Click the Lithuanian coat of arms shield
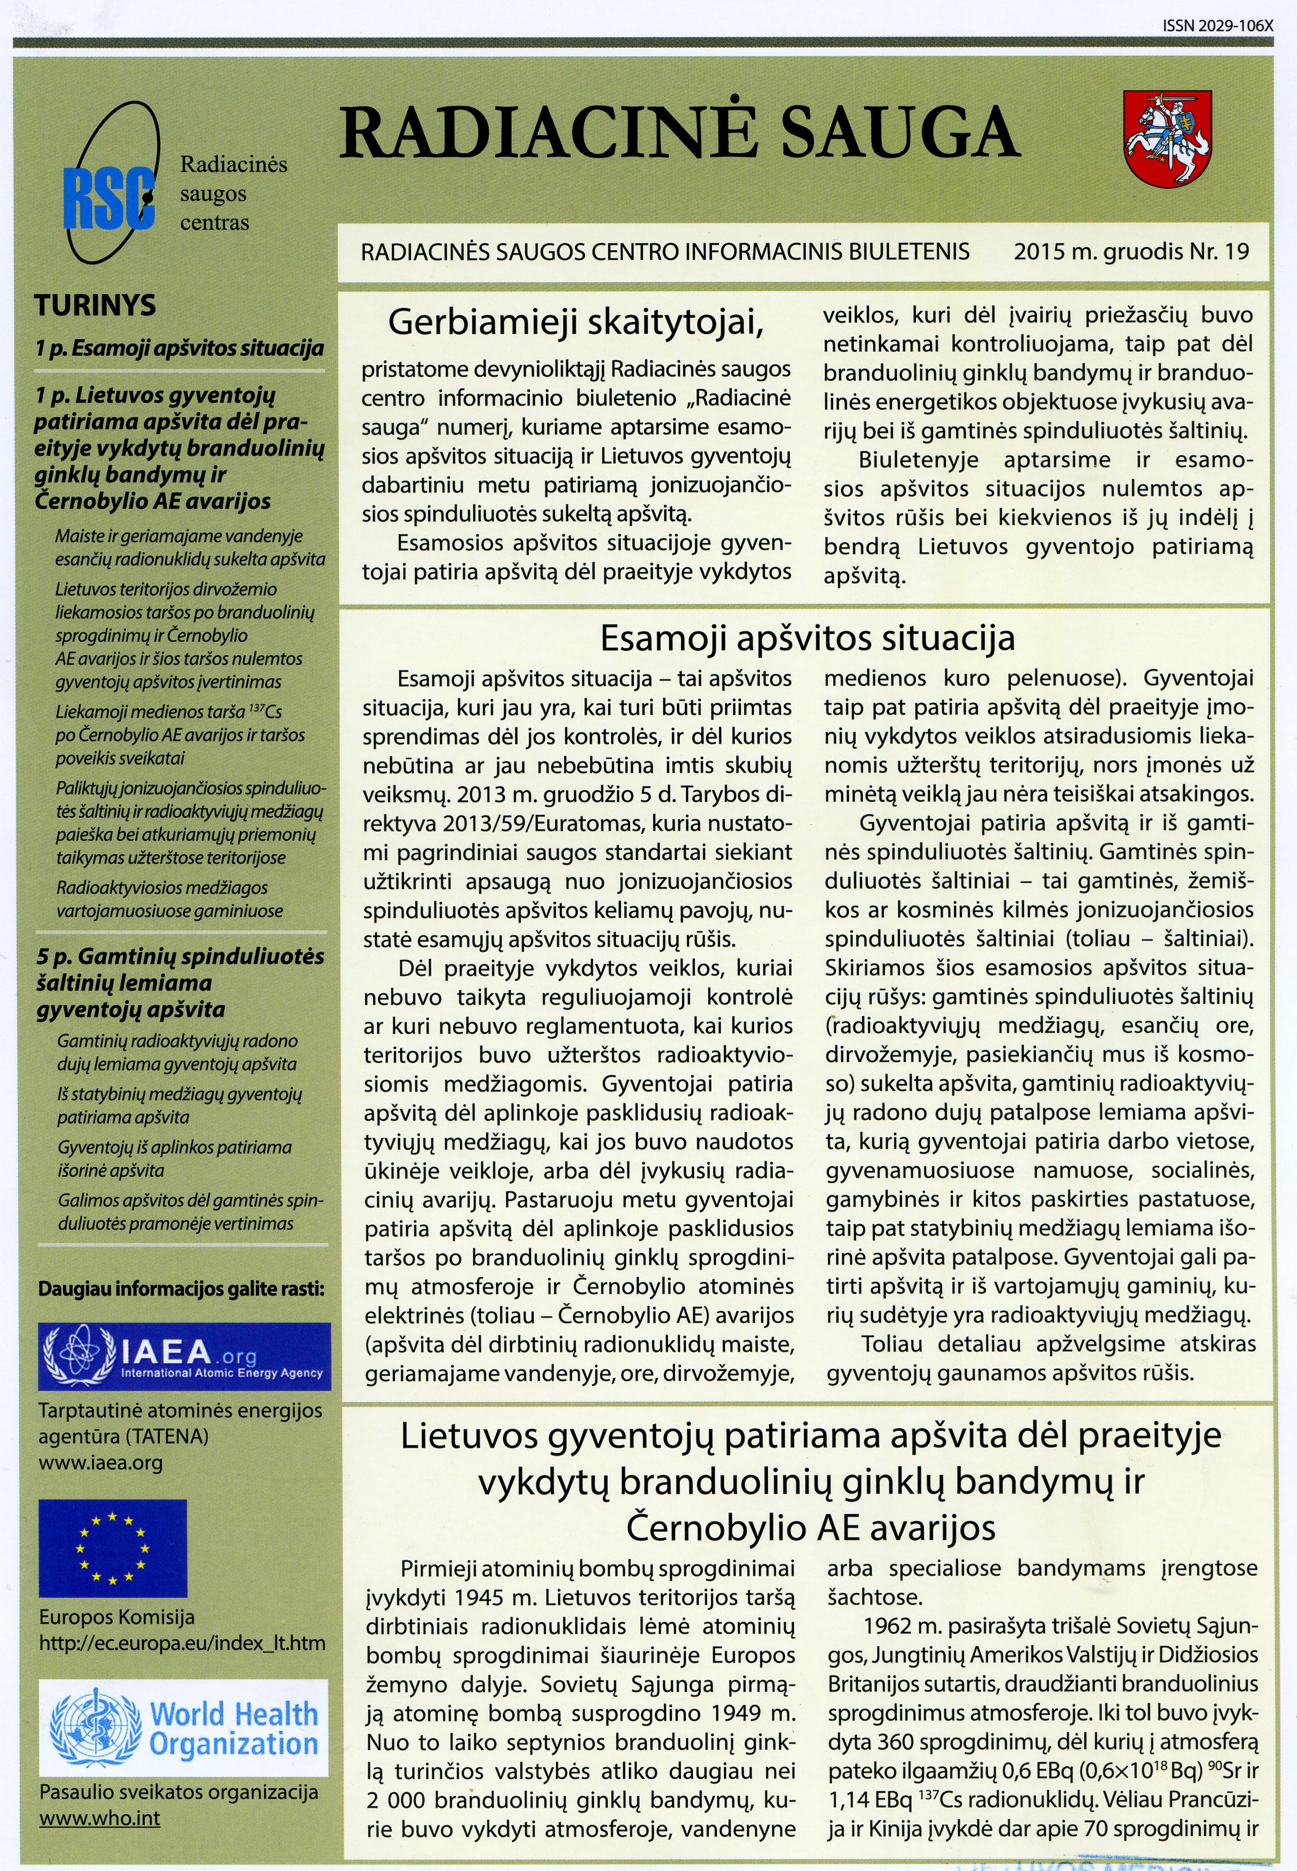(x=1167, y=138)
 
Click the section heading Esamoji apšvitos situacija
(x=807, y=638)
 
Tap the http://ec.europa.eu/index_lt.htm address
(x=182, y=1643)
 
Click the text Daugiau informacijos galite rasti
(x=181, y=1288)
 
